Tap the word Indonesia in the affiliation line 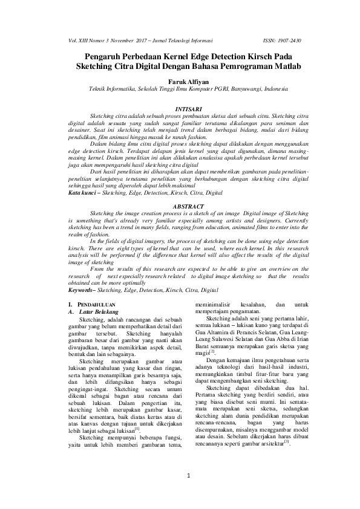(272, 88)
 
